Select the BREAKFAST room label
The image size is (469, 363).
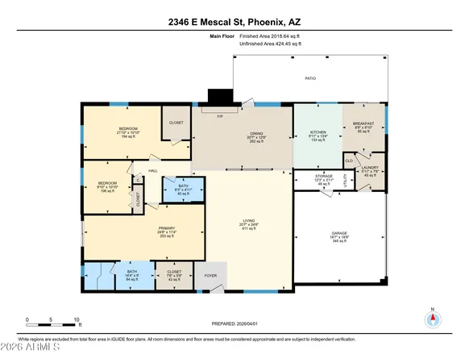(x=363, y=123)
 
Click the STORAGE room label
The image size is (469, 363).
(x=302, y=175)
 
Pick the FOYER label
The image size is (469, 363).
(x=210, y=273)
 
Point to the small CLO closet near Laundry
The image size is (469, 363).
(x=349, y=161)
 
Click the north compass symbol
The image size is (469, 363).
(x=434, y=318)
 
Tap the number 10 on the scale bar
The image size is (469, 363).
(x=77, y=319)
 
